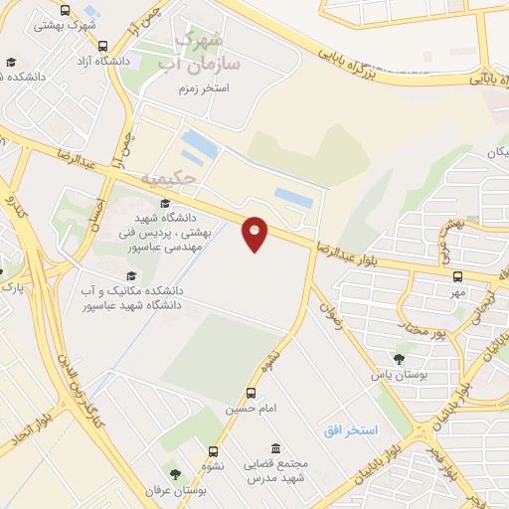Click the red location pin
pos(255,233)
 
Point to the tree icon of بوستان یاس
pos(398,358)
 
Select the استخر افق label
pos(351,429)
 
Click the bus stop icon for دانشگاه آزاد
pos(103,46)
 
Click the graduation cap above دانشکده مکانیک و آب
pos(129,275)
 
